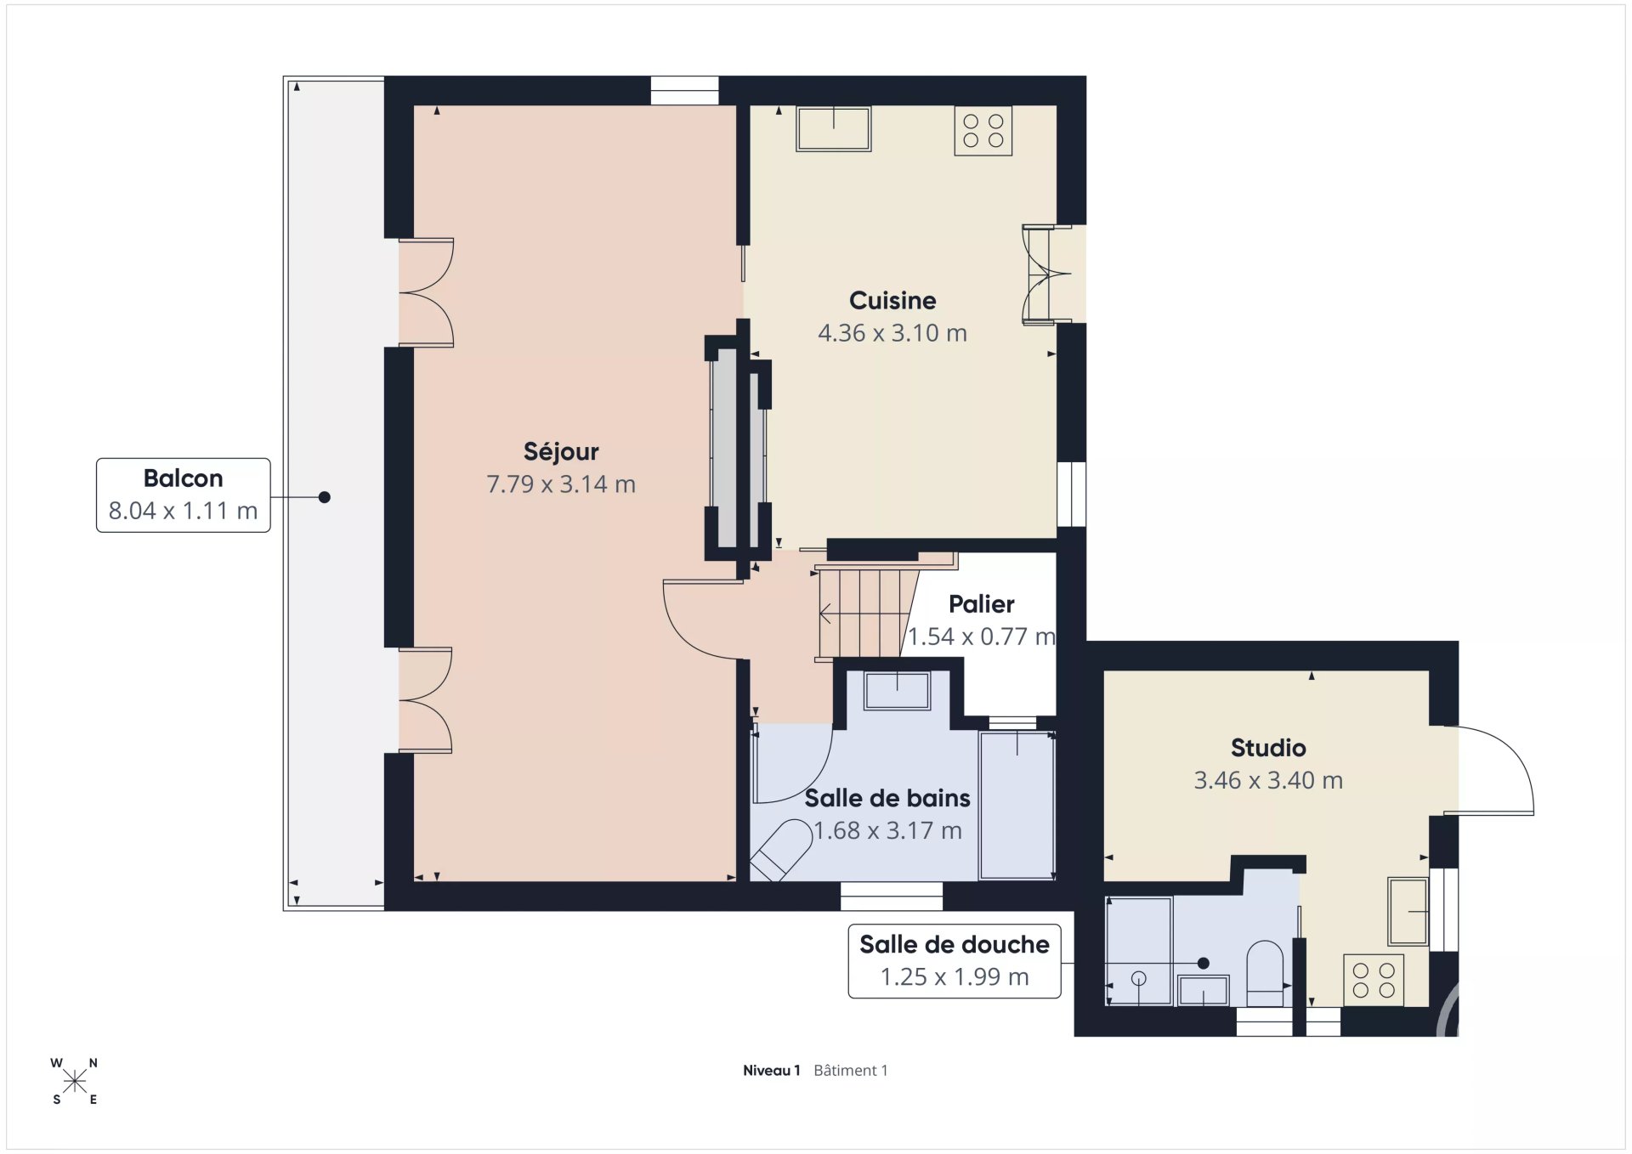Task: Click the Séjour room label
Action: pos(561,451)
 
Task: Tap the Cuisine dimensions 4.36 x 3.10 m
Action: pos(892,333)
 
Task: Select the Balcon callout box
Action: pos(184,495)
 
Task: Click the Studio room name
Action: pos(1268,748)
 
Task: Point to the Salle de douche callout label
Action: pos(955,961)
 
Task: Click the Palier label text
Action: pos(982,604)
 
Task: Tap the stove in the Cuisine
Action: pos(983,130)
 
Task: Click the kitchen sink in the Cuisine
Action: pos(834,128)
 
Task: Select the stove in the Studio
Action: pos(1374,980)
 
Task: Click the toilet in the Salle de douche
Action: pos(1265,973)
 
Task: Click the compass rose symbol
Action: pos(75,1081)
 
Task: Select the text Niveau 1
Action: pos(772,1071)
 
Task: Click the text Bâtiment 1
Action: pos(851,1071)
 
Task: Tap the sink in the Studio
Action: pos(1408,911)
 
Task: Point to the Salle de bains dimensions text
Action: pos(888,830)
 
